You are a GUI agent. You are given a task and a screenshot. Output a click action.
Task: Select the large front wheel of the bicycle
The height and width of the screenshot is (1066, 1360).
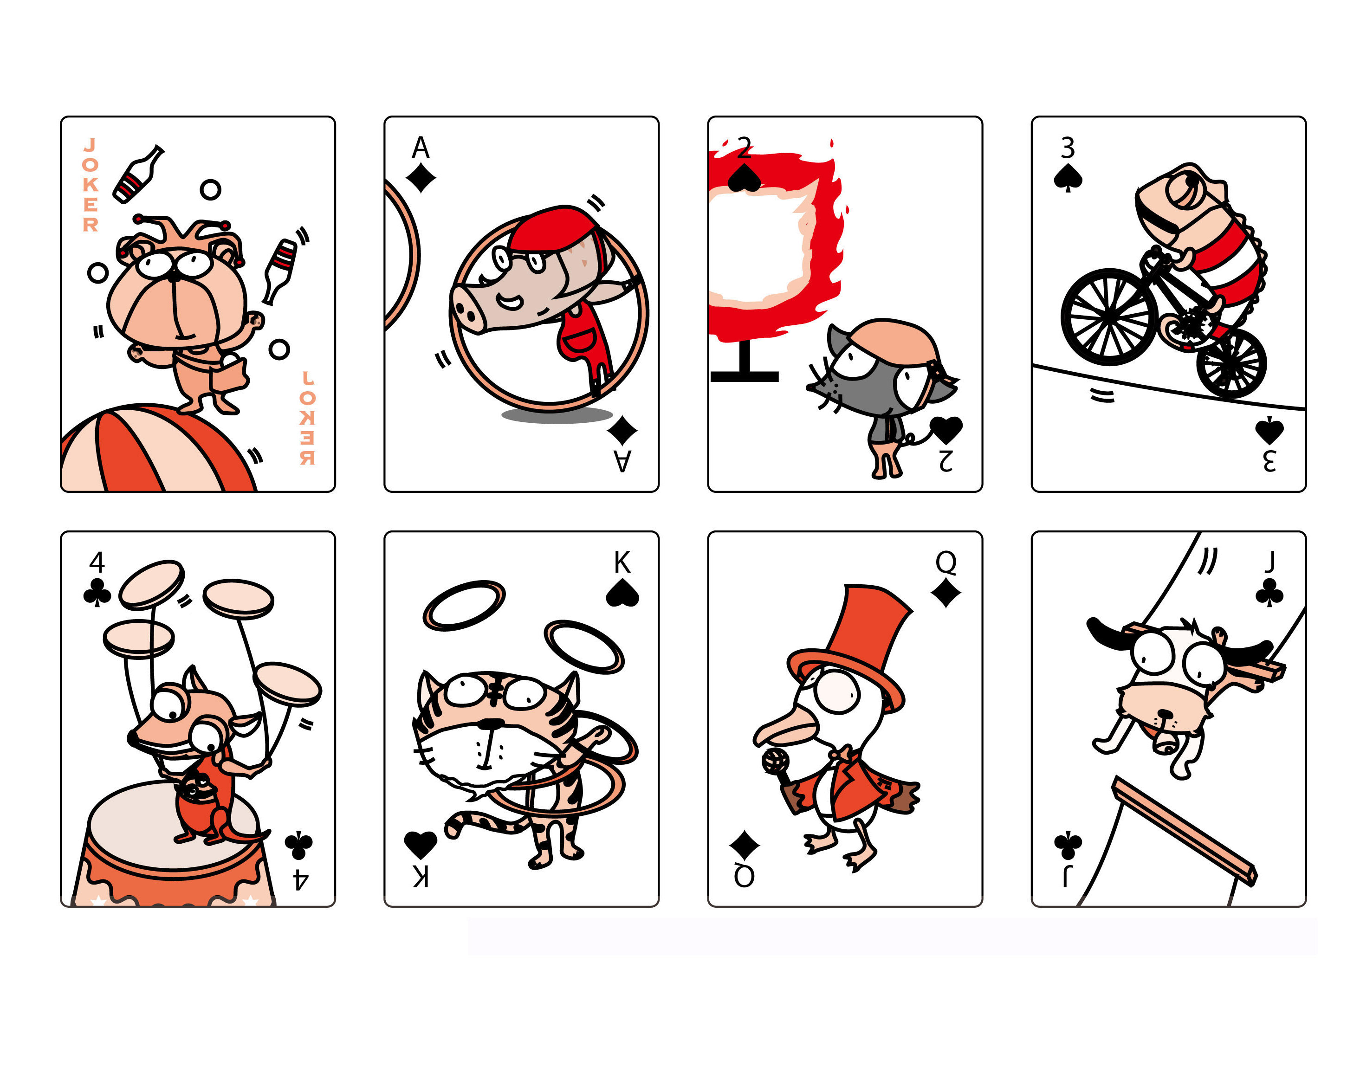point(1109,317)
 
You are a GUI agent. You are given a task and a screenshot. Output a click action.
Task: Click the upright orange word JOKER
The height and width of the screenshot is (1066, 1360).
point(91,185)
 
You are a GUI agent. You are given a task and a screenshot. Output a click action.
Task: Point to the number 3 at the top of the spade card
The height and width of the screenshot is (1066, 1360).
point(1068,149)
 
